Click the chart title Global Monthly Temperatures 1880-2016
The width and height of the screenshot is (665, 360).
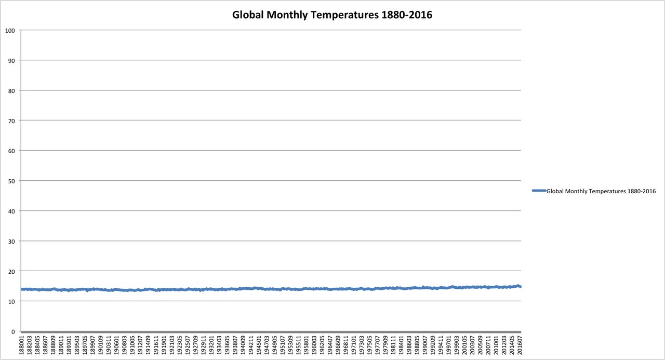(x=332, y=15)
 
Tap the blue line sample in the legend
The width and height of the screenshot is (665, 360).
(x=539, y=191)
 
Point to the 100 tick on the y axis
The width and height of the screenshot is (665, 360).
(x=9, y=30)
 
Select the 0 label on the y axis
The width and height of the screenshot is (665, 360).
(x=12, y=331)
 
